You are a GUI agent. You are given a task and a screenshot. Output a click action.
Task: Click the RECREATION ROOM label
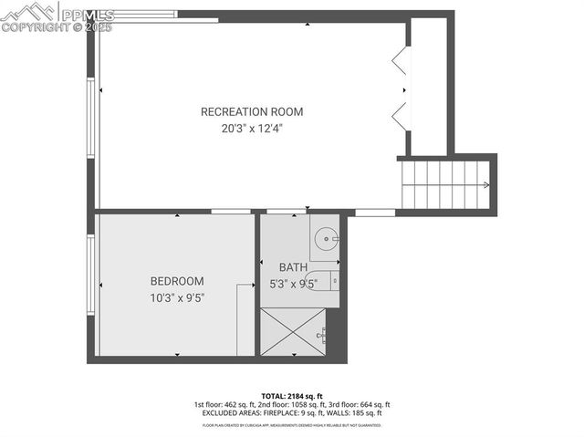tap(252, 112)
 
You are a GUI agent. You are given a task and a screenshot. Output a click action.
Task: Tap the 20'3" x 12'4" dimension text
tap(252, 129)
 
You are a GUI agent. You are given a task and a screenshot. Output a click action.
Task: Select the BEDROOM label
tap(177, 281)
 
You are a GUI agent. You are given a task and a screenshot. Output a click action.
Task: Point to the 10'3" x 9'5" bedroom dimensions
tap(177, 297)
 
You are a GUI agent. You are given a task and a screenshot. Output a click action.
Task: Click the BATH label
tap(293, 267)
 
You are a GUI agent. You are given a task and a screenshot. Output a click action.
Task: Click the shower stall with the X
tap(292, 331)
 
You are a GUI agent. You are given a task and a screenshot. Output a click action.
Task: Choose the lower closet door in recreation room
tap(400, 118)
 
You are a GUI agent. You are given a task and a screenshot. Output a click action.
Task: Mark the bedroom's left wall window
tap(90, 275)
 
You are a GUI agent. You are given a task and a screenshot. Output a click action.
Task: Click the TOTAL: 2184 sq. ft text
tap(292, 396)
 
